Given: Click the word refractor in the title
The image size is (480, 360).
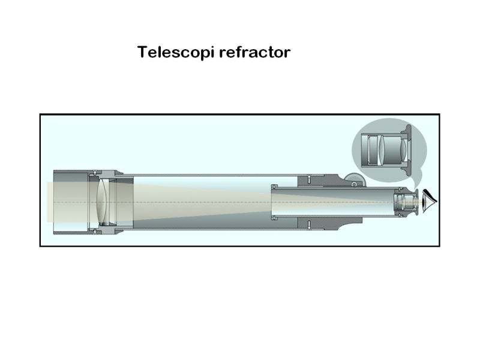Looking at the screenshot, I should (x=254, y=52).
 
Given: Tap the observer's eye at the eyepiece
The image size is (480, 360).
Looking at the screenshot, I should (x=430, y=201).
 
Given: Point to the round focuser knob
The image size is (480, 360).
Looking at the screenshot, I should (x=354, y=179).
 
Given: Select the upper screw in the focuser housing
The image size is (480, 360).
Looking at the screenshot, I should (x=308, y=178).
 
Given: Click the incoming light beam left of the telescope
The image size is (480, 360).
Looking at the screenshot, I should (x=49, y=202).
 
